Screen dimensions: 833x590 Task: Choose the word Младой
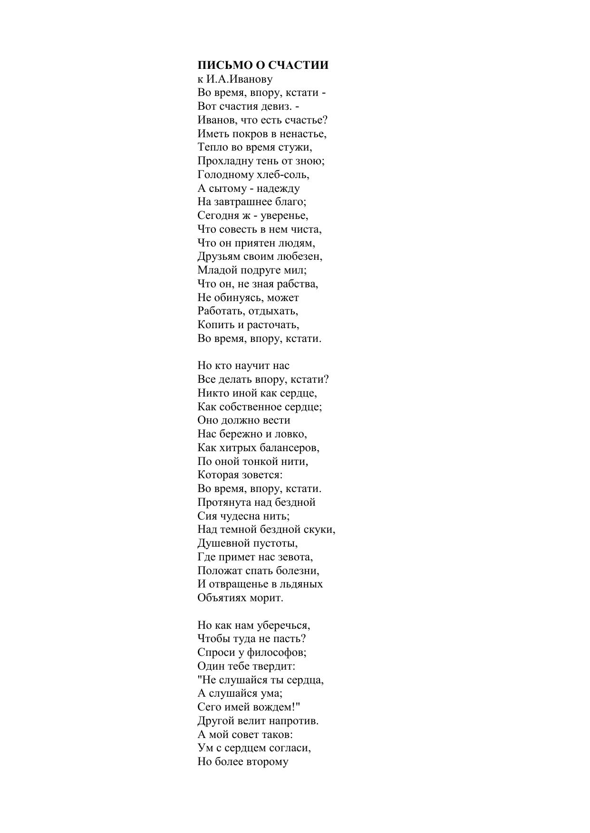[217, 270]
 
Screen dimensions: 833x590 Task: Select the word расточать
[273, 325]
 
